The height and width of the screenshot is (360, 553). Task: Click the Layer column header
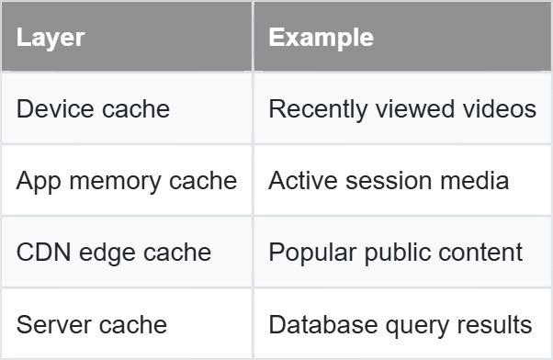pyautogui.click(x=51, y=38)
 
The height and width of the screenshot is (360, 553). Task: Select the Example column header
pyautogui.click(x=321, y=38)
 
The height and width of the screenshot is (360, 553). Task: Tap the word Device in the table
pyautogui.click(x=55, y=108)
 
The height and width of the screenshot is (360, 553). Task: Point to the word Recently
pyautogui.click(x=318, y=110)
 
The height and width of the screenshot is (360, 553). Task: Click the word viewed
pyautogui.click(x=415, y=108)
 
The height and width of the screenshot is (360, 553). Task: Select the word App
pyautogui.click(x=39, y=182)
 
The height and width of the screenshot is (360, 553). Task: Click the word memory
pyautogui.click(x=115, y=182)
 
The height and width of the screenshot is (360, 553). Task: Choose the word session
pyautogui.click(x=389, y=181)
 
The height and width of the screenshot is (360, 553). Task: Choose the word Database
pyautogui.click(x=323, y=324)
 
